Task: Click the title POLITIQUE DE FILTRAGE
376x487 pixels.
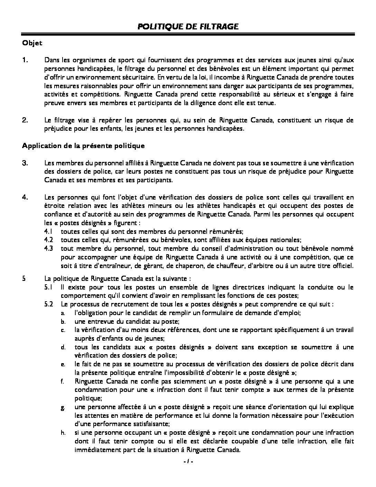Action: point(188,27)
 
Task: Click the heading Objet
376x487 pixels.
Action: point(32,43)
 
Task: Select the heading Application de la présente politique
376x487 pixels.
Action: point(83,146)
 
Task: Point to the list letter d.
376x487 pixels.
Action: point(63,347)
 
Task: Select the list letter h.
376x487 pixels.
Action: point(63,433)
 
